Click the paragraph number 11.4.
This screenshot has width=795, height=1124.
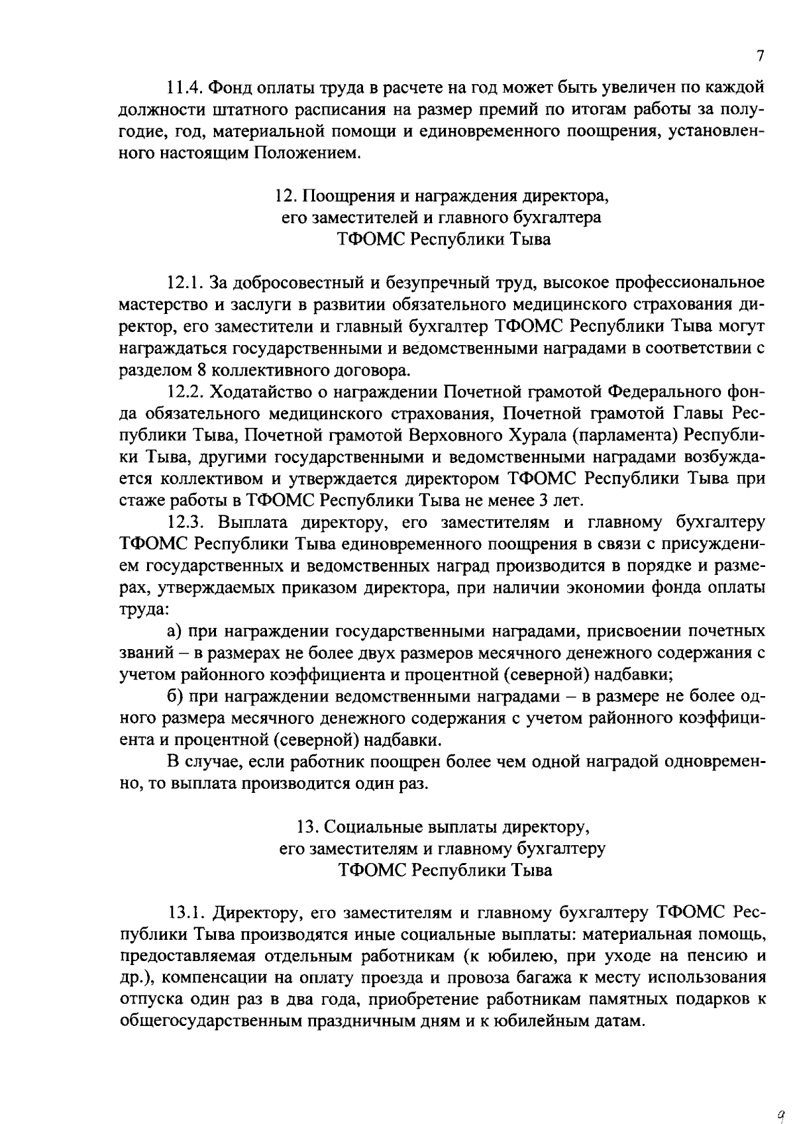(x=185, y=87)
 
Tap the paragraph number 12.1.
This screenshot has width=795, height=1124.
(x=185, y=283)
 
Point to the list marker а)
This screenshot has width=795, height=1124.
(x=175, y=631)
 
